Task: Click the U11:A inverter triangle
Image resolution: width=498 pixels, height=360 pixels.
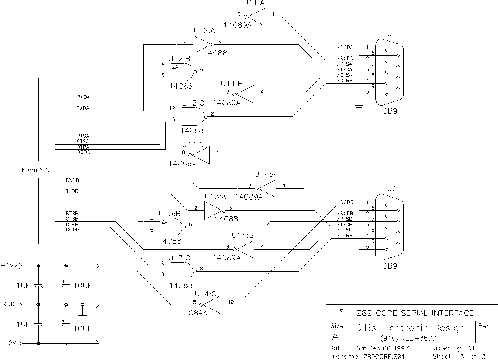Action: (x=255, y=17)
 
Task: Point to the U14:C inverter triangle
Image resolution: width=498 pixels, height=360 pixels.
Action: (x=211, y=305)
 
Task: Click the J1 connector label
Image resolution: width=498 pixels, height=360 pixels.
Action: (x=392, y=34)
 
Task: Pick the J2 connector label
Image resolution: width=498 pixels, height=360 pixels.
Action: (x=392, y=189)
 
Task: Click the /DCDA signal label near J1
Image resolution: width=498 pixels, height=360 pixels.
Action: (x=345, y=47)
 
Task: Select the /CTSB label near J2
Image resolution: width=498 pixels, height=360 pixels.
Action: (x=345, y=230)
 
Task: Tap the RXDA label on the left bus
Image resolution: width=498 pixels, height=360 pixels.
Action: (x=83, y=97)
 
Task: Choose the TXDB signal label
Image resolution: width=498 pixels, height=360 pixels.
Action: (x=72, y=191)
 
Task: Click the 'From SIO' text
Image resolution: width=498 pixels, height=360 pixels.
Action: (x=36, y=170)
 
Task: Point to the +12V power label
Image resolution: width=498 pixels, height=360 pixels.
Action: (x=9, y=266)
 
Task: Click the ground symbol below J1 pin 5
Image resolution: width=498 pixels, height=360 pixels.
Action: (x=359, y=108)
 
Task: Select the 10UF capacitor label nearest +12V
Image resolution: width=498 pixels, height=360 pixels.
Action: (x=83, y=286)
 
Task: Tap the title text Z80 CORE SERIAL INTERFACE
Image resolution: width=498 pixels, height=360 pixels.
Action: (x=415, y=313)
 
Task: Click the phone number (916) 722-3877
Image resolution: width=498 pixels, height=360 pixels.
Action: (x=408, y=338)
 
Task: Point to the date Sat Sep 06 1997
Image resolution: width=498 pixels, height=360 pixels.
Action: (x=383, y=348)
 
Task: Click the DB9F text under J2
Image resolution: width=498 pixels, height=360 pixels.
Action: (x=392, y=266)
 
